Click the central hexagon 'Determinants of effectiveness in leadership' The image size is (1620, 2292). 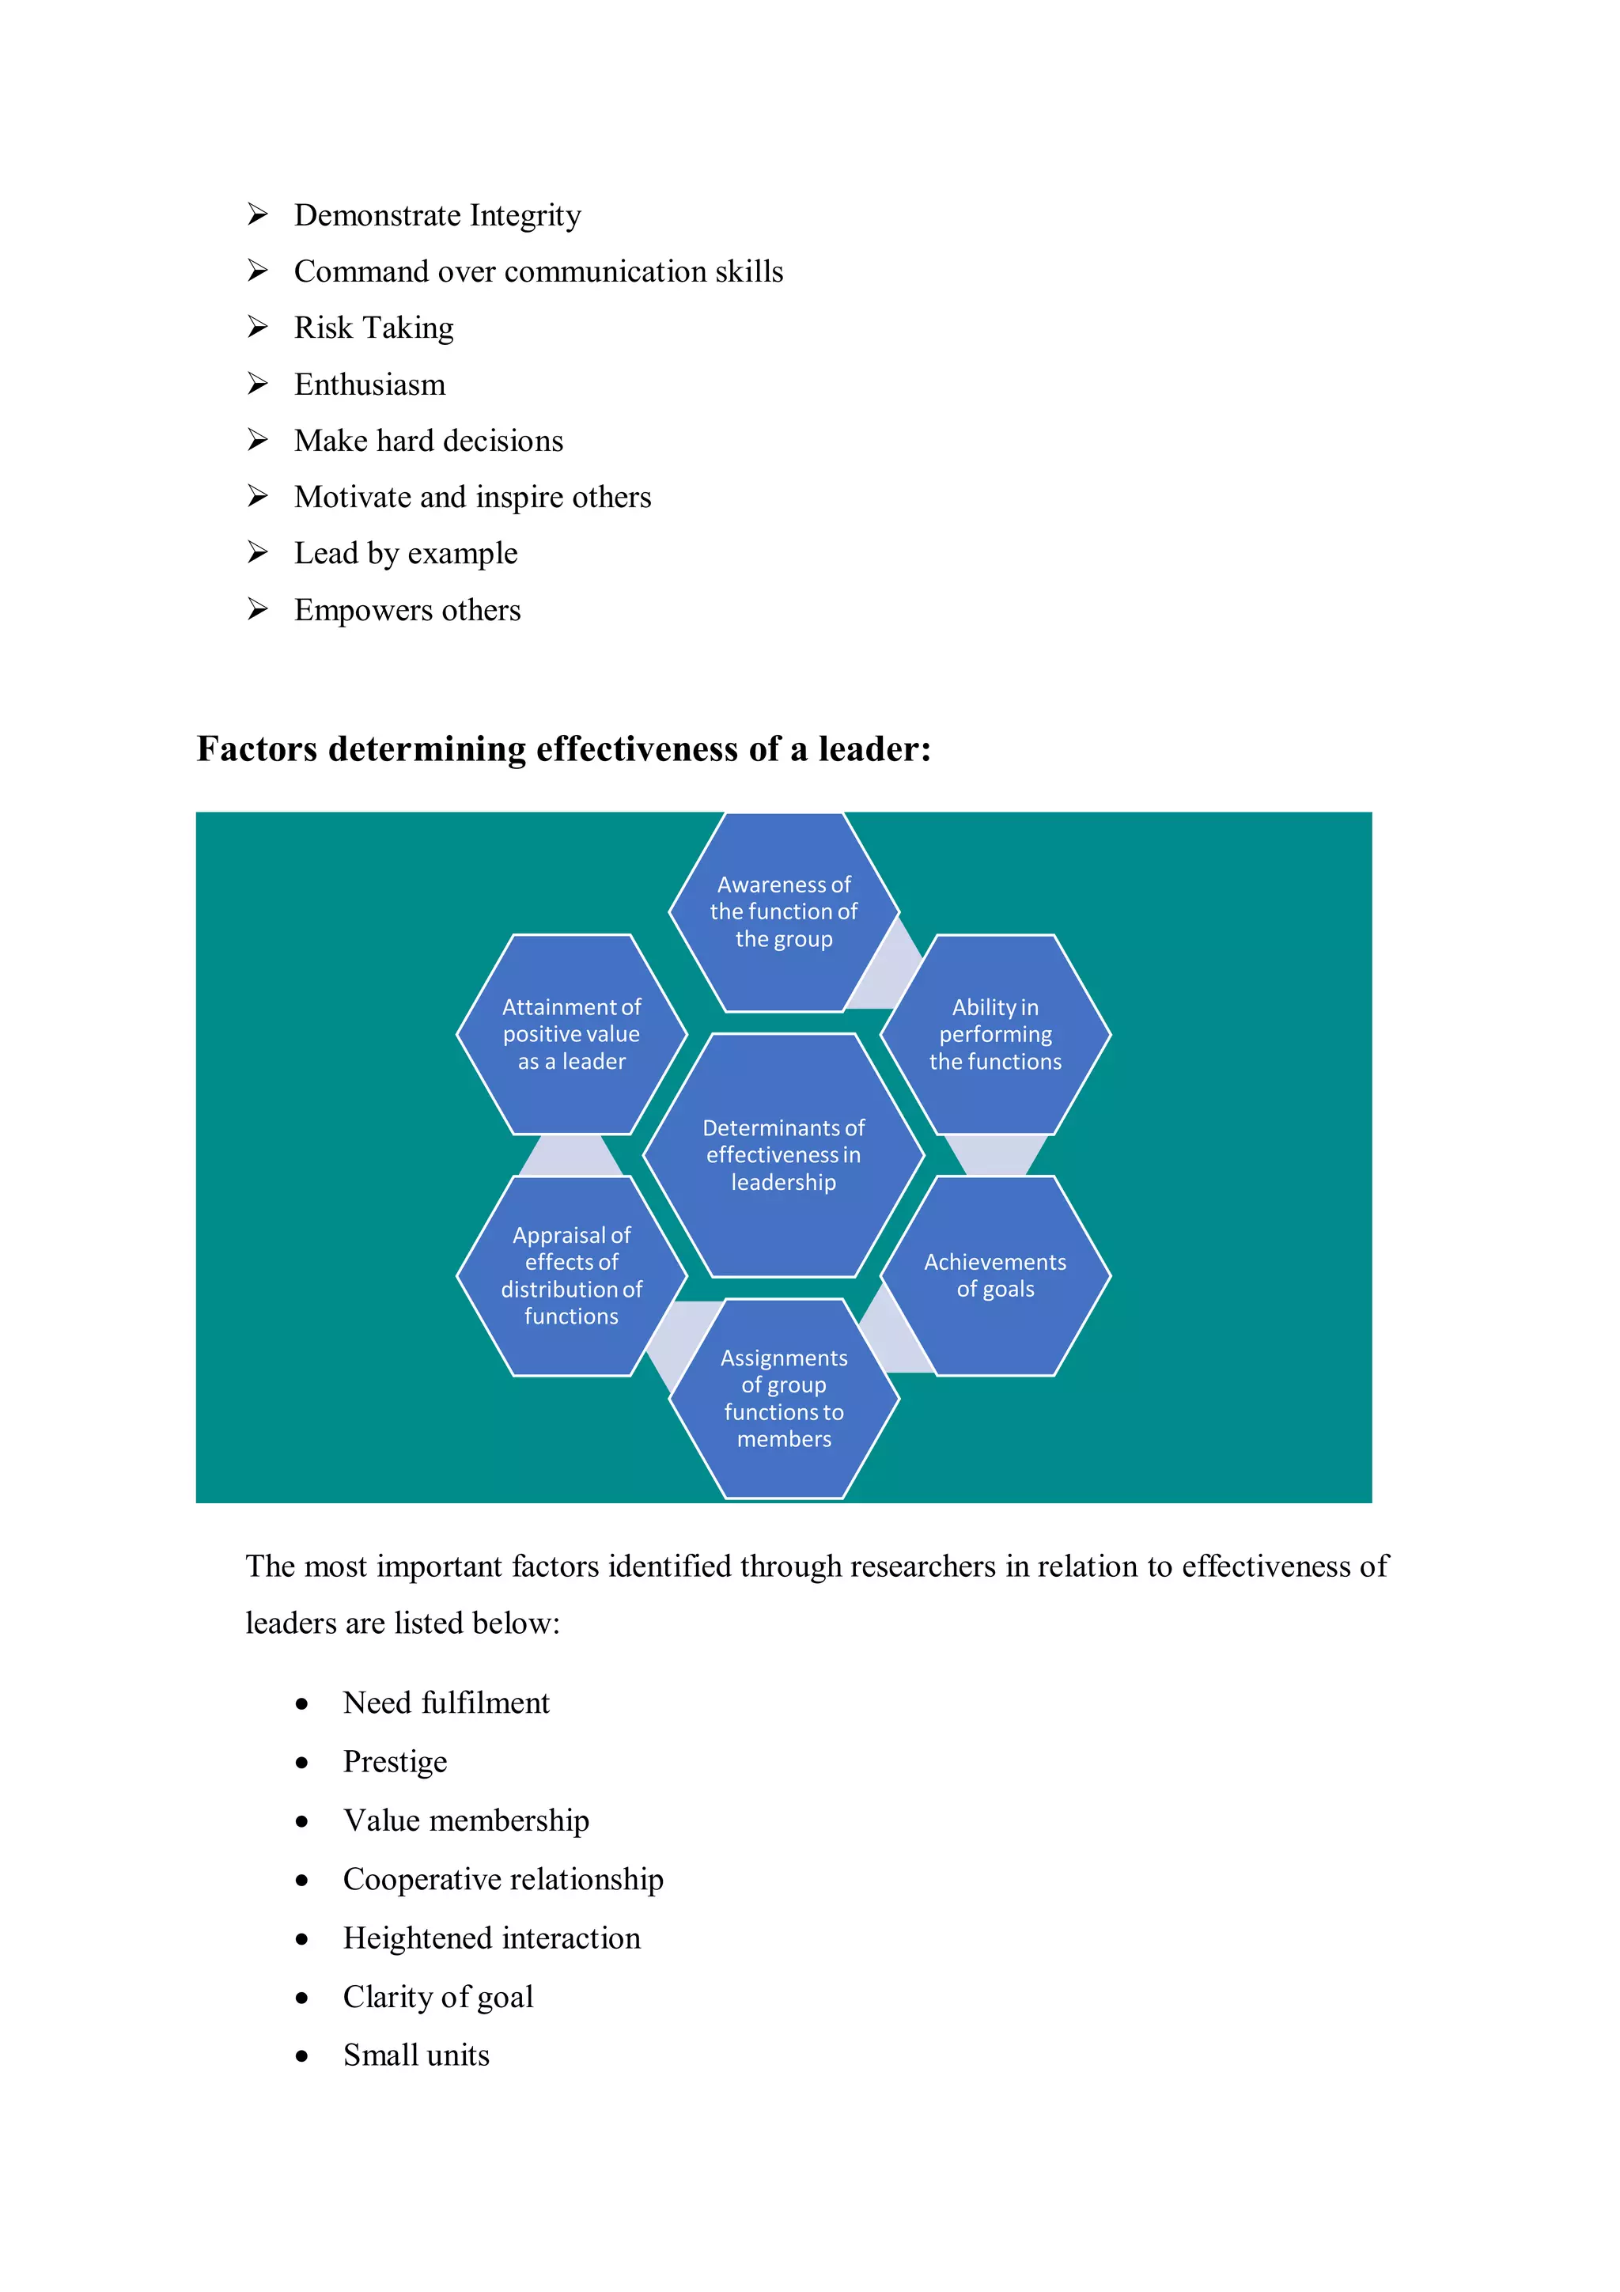coord(784,1155)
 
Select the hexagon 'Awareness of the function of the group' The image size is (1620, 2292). coord(784,911)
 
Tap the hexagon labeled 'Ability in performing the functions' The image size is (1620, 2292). coord(995,1034)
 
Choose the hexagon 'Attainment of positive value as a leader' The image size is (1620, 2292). coord(572,1034)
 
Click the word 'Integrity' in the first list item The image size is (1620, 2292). coord(525,216)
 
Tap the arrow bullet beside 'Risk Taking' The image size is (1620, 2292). coord(258,327)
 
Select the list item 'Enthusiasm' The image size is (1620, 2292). coord(369,385)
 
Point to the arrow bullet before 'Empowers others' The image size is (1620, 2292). coord(258,609)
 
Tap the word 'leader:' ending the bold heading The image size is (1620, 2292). coord(874,748)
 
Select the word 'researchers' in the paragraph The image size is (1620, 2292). coord(922,1567)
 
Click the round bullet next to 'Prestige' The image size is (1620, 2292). coord(301,1763)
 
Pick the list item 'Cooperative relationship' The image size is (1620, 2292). coord(503,1879)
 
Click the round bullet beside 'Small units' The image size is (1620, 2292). coord(301,2056)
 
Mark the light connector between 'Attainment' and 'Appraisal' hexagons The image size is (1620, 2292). coord(571,1156)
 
